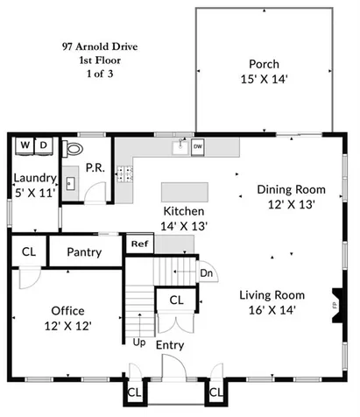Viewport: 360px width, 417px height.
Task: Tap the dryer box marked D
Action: coord(43,145)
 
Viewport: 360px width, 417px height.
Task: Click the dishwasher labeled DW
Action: coord(197,146)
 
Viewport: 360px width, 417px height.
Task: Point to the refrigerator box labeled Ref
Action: coord(138,244)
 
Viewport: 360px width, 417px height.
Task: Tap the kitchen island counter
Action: coord(185,192)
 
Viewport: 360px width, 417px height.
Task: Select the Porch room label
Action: coord(264,63)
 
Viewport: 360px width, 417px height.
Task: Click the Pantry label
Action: coord(84,252)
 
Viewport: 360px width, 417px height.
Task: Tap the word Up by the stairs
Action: coord(138,343)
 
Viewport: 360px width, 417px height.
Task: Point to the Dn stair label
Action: coord(207,273)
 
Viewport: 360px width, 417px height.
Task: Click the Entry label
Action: coord(169,346)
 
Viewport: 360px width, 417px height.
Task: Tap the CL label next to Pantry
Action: coord(28,252)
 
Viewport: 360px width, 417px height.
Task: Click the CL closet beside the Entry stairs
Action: coord(176,300)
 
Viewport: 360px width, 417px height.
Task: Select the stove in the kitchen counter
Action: coord(125,173)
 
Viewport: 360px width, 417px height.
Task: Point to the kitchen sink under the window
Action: coord(181,146)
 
